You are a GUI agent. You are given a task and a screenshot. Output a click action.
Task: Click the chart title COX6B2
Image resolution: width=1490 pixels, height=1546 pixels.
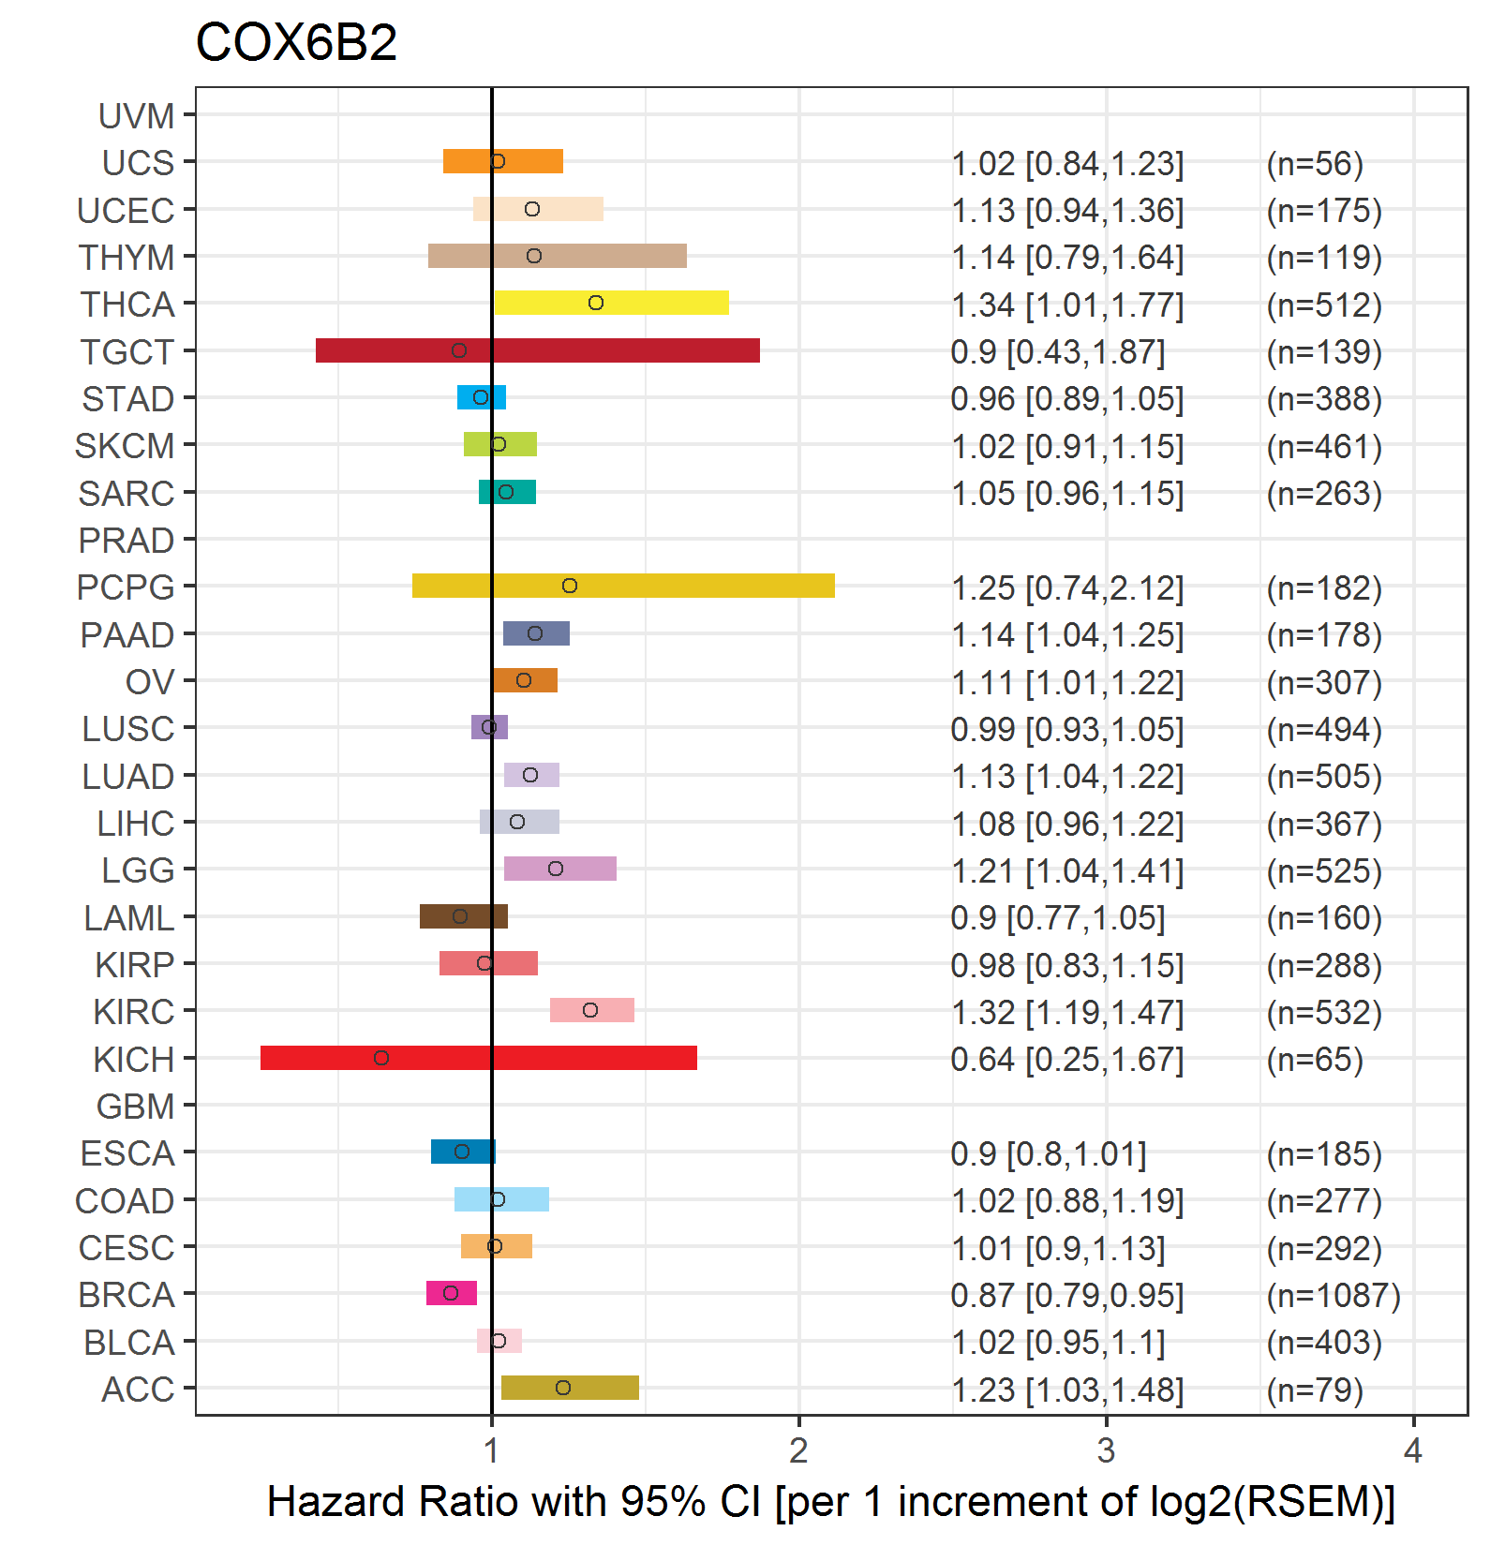point(296,42)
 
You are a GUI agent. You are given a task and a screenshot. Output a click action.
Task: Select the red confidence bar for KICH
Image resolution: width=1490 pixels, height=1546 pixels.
point(479,1058)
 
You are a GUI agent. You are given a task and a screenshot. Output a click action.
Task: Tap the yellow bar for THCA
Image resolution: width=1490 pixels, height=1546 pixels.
point(611,303)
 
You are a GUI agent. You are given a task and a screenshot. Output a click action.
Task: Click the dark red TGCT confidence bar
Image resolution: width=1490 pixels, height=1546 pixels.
point(538,350)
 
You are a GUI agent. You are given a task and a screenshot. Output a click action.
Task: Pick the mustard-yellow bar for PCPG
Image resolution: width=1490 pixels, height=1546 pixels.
point(623,586)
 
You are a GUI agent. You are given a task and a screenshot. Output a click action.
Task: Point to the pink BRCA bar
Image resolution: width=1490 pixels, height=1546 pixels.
point(452,1293)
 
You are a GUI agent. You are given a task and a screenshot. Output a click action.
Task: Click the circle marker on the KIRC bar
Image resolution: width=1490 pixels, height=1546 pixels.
point(590,1010)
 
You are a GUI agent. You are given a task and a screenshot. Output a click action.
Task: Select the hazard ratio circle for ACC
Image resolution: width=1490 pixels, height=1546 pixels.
point(563,1388)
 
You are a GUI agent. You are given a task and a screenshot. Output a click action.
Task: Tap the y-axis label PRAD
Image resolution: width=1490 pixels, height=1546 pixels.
point(127,541)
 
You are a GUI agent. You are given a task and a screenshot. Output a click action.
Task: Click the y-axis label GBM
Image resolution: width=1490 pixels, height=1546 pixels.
point(136,1107)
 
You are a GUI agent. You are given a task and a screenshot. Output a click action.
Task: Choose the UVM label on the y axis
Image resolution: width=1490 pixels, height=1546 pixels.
point(137,116)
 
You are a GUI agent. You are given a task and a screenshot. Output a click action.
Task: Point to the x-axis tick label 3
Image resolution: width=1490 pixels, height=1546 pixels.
point(1107,1450)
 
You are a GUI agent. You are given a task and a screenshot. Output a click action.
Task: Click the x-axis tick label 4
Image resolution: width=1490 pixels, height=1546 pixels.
point(1413,1450)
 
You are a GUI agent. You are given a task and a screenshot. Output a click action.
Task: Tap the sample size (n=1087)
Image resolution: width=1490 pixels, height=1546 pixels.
point(1334,1296)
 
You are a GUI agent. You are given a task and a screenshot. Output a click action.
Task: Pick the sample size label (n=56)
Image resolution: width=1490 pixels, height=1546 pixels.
point(1315,164)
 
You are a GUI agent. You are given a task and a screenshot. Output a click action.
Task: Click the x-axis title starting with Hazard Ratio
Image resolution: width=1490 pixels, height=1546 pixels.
point(831,1502)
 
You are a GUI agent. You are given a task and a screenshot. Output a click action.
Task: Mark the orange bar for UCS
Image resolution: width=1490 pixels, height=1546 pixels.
point(503,161)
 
